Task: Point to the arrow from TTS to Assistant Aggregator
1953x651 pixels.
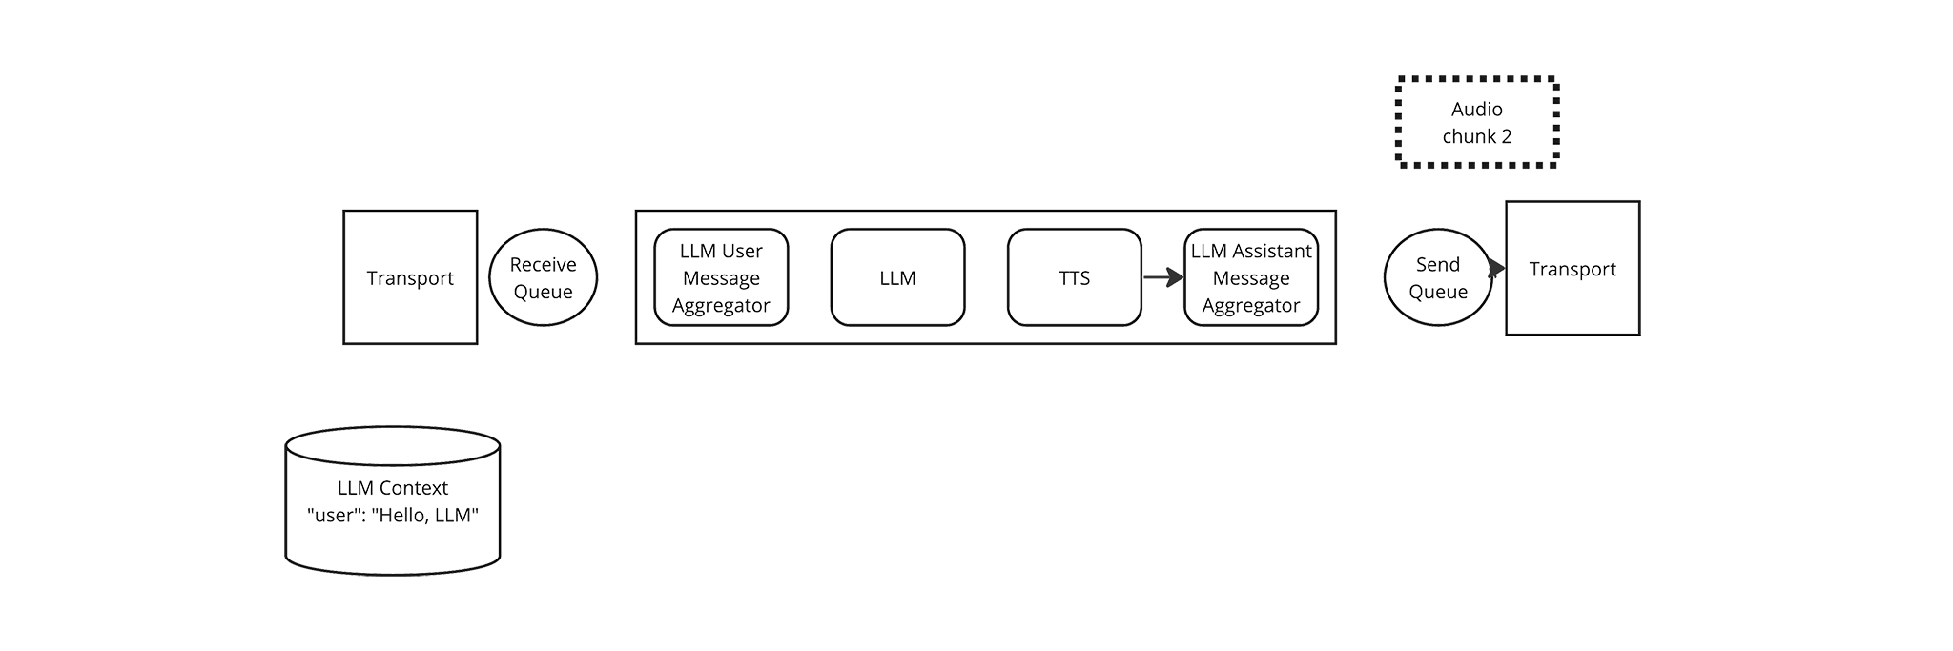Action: pos(1163,277)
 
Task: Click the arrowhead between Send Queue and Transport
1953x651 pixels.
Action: pos(1497,269)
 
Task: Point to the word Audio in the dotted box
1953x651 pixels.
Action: pos(1477,109)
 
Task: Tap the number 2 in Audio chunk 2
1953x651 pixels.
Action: pos(1506,136)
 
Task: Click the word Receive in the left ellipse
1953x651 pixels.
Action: pos(543,264)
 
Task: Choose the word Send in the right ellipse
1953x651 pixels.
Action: pos(1438,264)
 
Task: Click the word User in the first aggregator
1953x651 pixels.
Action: pos(742,251)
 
